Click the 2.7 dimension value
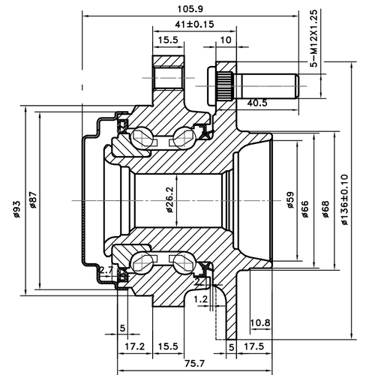point(106,269)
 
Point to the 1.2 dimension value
point(199,298)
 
